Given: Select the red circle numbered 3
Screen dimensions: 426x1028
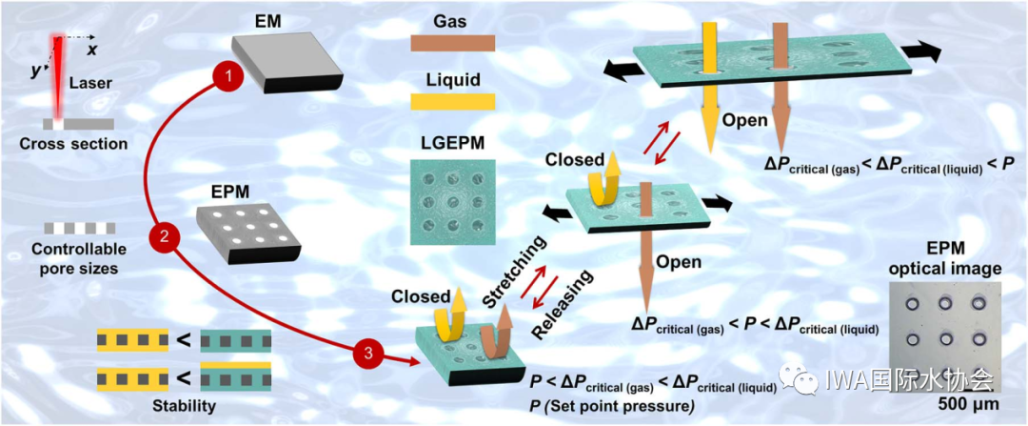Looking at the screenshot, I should click(x=368, y=354).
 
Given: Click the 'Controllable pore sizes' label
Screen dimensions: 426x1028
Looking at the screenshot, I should click(x=80, y=260).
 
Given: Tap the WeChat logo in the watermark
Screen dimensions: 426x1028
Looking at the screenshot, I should click(x=801, y=380).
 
